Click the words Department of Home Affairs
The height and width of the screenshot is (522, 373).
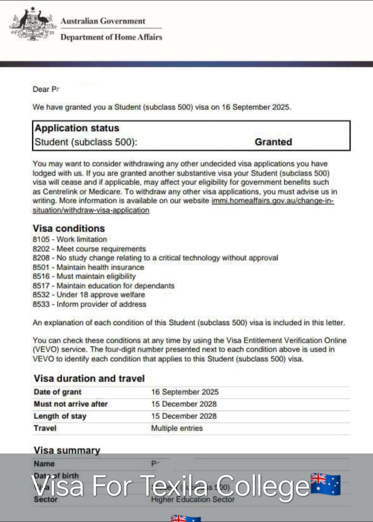tap(111, 37)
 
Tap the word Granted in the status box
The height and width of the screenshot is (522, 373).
tap(273, 142)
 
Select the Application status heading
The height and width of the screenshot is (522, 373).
tap(77, 128)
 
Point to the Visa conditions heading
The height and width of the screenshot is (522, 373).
tap(68, 228)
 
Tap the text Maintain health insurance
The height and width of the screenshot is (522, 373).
tap(100, 267)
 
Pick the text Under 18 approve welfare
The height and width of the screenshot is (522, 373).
tap(101, 294)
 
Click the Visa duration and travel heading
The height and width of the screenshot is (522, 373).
tap(89, 378)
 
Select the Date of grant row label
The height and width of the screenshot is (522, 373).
tap(57, 392)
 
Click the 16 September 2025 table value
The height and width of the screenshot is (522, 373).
tap(185, 392)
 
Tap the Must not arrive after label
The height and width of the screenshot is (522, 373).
tap(71, 404)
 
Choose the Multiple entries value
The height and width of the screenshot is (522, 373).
tap(177, 428)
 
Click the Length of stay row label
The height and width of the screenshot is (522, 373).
tap(60, 416)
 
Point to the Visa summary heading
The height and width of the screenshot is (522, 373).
tap(66, 450)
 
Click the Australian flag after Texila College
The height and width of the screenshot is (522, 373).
tap(325, 484)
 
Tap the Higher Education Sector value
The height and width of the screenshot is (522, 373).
tap(193, 499)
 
